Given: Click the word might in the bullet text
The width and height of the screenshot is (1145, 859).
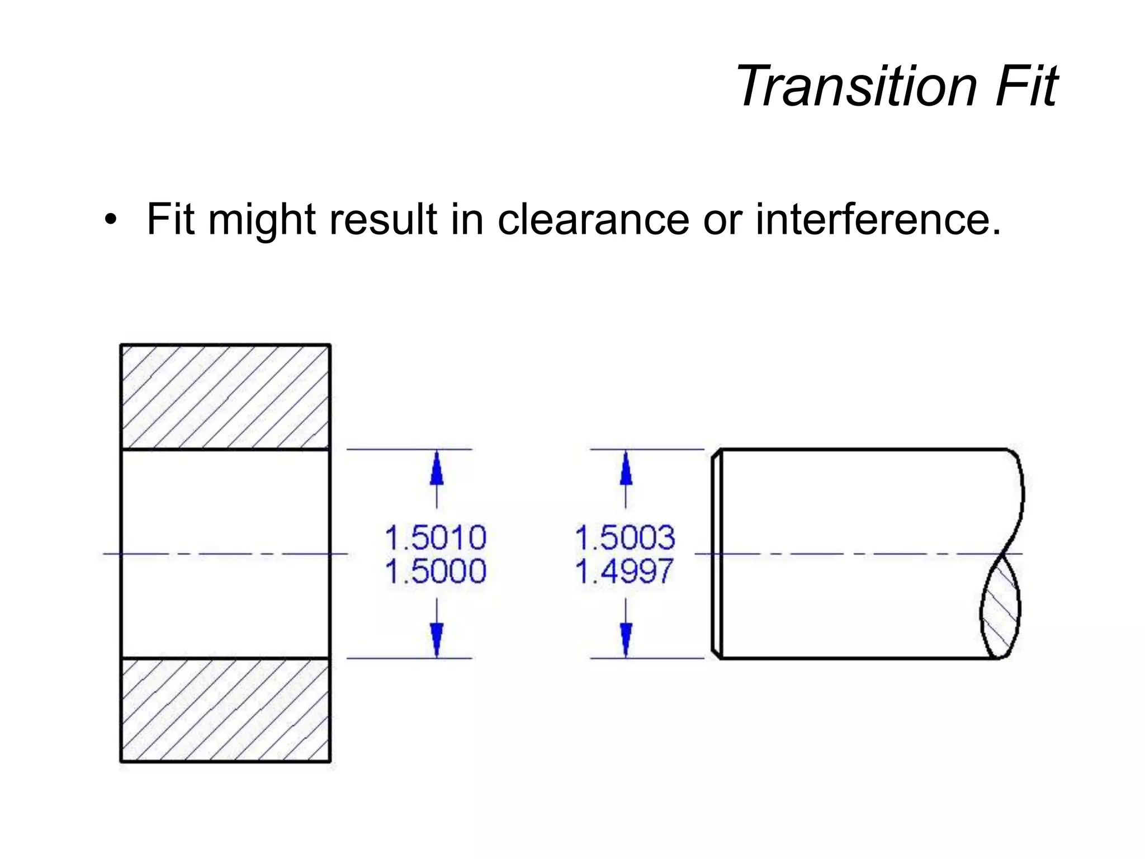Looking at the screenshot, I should pos(262,220).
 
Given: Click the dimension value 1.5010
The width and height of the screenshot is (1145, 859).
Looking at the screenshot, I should pos(436,537).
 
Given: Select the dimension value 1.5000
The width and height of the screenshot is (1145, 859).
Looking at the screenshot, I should pos(436,571).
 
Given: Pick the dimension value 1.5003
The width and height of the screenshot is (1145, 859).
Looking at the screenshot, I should pos(624,537).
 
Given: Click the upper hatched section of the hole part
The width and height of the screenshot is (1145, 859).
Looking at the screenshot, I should pos(225,397).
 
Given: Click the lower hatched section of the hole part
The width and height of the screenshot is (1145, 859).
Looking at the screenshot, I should pos(225,710).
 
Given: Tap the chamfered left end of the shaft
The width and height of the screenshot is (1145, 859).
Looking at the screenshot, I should pos(717,554).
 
